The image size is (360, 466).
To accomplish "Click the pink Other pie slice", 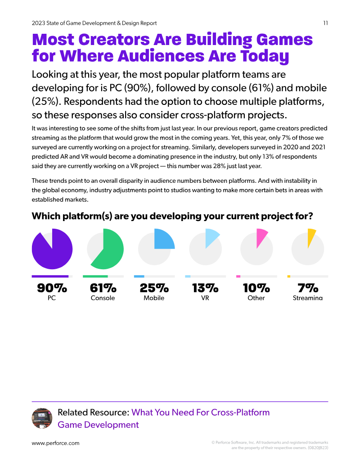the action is [261, 236].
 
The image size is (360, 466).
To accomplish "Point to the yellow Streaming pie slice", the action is [310, 236].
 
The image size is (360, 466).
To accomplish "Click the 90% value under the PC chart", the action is [52, 288].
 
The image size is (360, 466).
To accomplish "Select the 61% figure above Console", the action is [103, 288].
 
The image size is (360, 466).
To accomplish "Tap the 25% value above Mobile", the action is [154, 288].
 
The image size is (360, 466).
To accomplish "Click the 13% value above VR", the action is [205, 288].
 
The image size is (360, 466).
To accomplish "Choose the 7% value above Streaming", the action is [308, 288].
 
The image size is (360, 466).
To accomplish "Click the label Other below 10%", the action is [256, 298].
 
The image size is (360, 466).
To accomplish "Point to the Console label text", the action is [103, 298].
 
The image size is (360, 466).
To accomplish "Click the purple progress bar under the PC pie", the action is [50, 276].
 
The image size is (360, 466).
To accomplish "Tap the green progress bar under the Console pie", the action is [95, 276].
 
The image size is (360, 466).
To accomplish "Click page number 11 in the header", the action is [325, 23].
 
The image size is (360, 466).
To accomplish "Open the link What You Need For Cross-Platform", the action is [201, 412].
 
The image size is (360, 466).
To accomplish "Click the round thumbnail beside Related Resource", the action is [42, 418].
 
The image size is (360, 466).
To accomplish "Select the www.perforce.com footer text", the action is [55, 443].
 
